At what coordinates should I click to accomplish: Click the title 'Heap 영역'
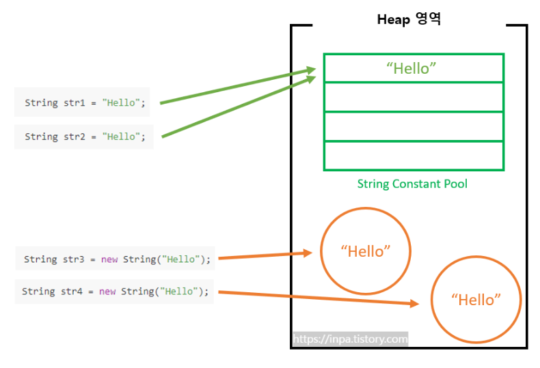point(409,19)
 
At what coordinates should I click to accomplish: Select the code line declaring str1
point(85,103)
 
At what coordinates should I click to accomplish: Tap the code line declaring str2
point(85,137)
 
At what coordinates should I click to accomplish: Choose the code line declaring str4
point(115,292)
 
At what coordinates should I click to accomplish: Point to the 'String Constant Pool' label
point(412,184)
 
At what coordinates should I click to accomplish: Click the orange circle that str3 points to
point(366,251)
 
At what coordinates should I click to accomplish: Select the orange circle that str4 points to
point(476,300)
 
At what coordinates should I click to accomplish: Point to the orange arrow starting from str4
point(314,298)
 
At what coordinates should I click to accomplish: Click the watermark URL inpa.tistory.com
point(351,339)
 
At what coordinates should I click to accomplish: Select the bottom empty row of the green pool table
point(414,156)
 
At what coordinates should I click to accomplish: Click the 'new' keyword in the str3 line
point(109,259)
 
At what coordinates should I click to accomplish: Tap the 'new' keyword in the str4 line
point(107,292)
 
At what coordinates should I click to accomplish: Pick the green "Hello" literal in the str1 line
point(121,103)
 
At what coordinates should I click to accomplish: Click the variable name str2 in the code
point(76,137)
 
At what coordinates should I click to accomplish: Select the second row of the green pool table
point(414,97)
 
